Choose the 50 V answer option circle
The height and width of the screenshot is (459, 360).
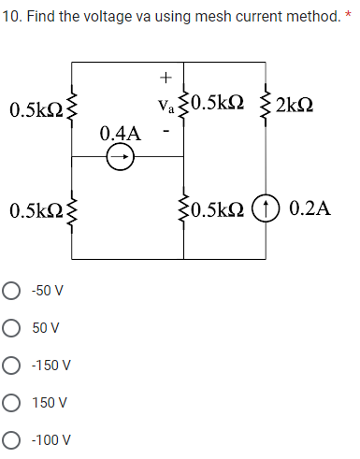15,328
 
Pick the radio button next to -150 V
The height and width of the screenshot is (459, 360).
15,366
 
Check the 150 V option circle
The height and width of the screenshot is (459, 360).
15,403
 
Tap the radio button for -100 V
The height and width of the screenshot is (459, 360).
15,440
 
